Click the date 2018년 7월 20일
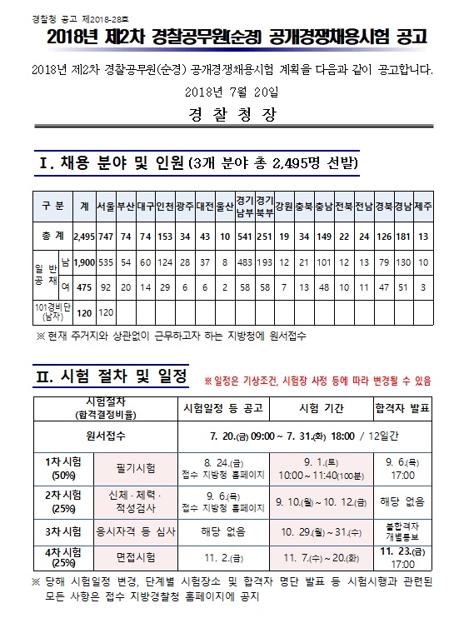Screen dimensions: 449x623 [224, 91]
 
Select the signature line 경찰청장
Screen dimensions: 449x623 [224, 115]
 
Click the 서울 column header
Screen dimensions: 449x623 [106, 205]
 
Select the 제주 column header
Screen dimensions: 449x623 [424, 205]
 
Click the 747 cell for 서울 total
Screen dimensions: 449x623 [106, 236]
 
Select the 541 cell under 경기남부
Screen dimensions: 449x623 [245, 236]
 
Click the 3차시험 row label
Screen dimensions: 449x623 [62, 531]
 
